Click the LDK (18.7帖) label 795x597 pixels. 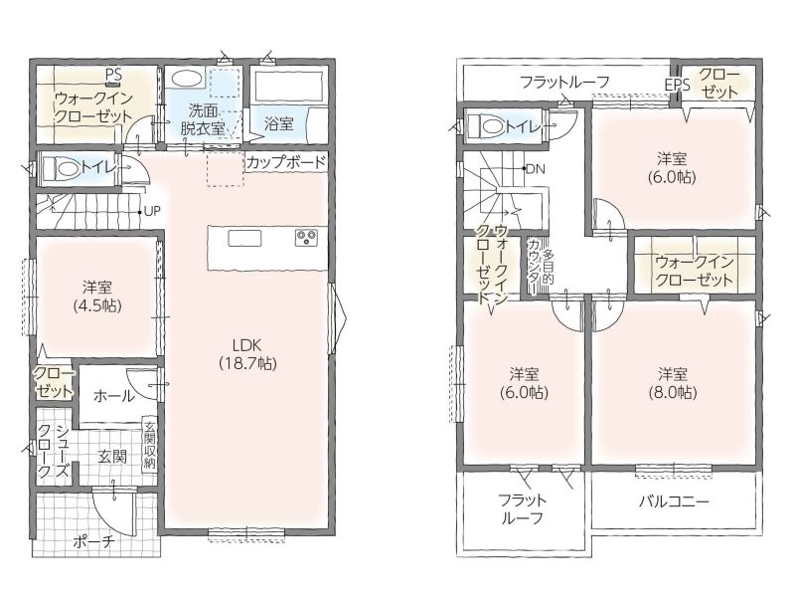(x=247, y=354)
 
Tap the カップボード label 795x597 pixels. (x=285, y=162)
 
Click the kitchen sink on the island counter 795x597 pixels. (x=244, y=238)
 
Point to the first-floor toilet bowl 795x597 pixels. (x=60, y=167)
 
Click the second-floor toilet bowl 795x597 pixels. (x=485, y=126)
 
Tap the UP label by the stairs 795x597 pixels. (x=152, y=211)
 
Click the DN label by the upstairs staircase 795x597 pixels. (x=536, y=169)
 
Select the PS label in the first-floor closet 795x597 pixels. (x=114, y=75)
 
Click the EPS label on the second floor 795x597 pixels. (x=678, y=85)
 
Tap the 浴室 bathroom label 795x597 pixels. (x=279, y=123)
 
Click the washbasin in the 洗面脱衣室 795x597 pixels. (x=187, y=79)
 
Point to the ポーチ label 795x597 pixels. (x=93, y=541)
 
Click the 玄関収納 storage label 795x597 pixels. (x=149, y=444)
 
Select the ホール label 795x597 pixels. (x=114, y=395)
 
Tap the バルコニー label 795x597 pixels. (x=674, y=501)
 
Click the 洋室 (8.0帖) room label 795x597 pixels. (x=673, y=383)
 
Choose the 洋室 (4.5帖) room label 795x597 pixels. (x=97, y=297)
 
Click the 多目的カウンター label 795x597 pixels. (x=541, y=267)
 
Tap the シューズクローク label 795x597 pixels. (x=54, y=451)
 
